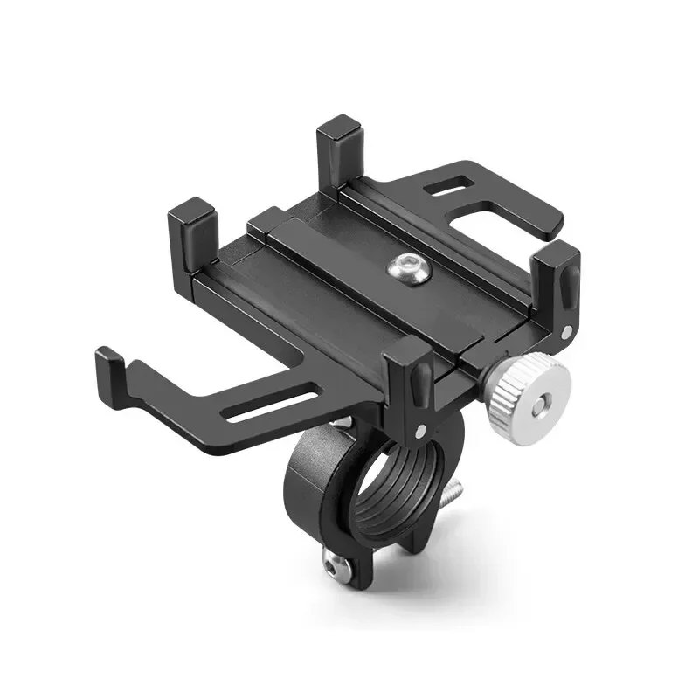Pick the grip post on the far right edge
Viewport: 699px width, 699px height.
click(x=560, y=280)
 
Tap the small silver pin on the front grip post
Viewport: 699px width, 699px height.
click(x=422, y=430)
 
